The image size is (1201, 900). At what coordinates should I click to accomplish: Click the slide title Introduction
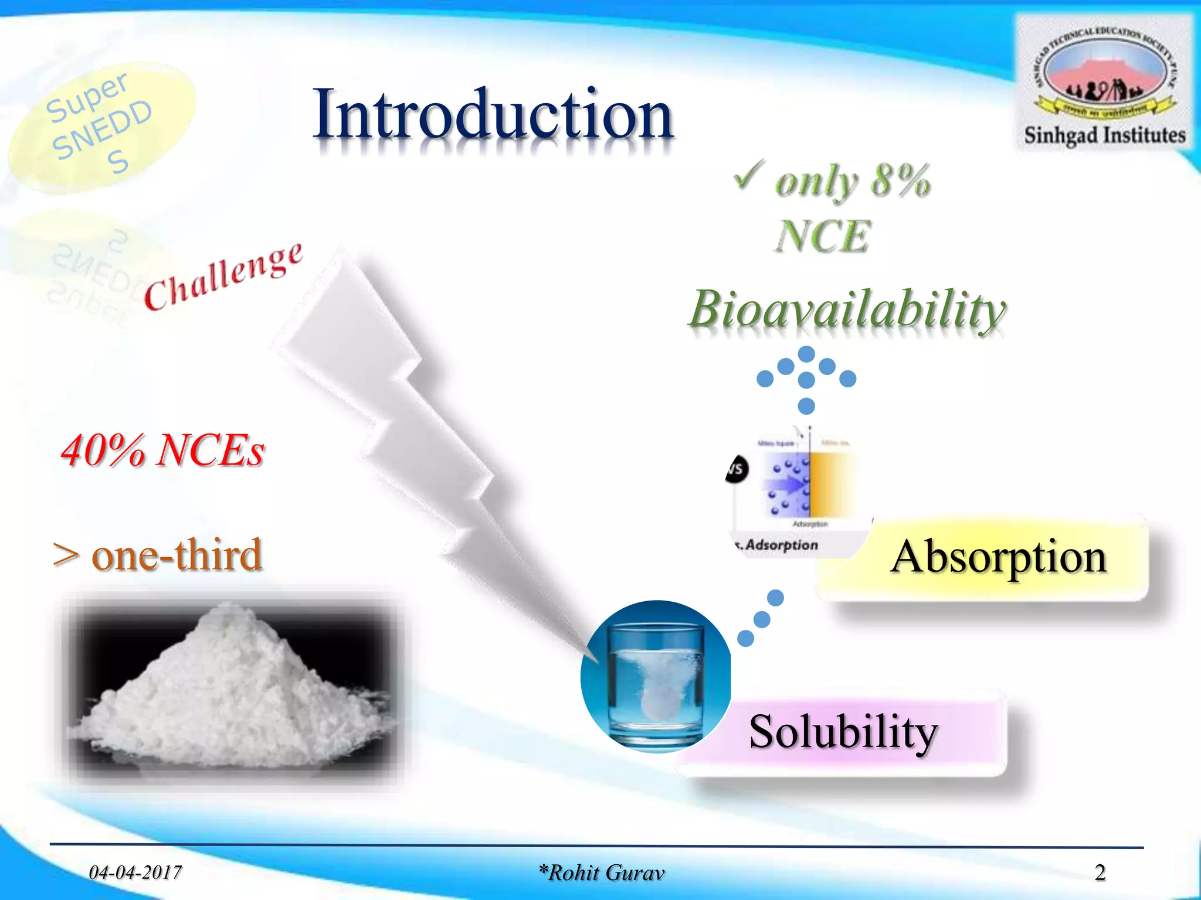coord(493,114)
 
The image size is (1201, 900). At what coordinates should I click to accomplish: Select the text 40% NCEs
coord(163,451)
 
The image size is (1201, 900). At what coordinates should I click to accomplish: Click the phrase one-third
coord(176,555)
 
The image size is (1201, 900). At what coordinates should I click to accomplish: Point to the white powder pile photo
coord(229,691)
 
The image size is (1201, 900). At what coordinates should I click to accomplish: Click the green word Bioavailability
coord(847,309)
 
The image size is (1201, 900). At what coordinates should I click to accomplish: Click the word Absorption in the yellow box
coord(998,557)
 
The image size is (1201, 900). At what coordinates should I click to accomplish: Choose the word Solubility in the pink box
coord(843,732)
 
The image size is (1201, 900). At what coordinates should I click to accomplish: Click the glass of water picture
coord(656,677)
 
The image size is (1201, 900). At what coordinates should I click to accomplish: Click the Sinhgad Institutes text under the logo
coord(1105,135)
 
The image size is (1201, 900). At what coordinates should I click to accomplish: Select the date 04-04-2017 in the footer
coord(135,872)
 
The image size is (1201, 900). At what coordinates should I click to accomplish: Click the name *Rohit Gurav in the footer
coord(602,872)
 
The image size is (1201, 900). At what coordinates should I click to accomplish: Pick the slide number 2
coord(1100,872)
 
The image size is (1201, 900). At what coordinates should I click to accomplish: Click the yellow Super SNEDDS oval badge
coord(100,126)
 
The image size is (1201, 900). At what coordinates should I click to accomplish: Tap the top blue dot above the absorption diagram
coord(807,354)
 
